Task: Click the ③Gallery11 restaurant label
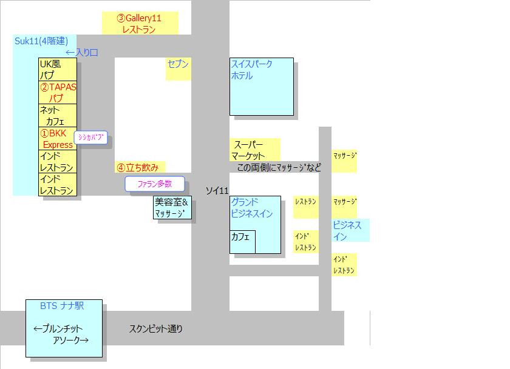click(140, 23)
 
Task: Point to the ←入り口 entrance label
click(81, 53)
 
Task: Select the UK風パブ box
click(58, 70)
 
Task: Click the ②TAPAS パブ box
click(58, 92)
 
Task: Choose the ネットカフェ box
click(58, 115)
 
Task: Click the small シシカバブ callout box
click(91, 138)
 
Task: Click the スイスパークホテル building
click(261, 86)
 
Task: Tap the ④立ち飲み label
click(140, 167)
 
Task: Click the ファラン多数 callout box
click(154, 184)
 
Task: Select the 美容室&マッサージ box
click(172, 208)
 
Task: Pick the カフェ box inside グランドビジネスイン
click(242, 241)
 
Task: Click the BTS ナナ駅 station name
click(62, 306)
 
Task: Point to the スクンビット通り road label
click(155, 329)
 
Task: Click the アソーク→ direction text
click(70, 341)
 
